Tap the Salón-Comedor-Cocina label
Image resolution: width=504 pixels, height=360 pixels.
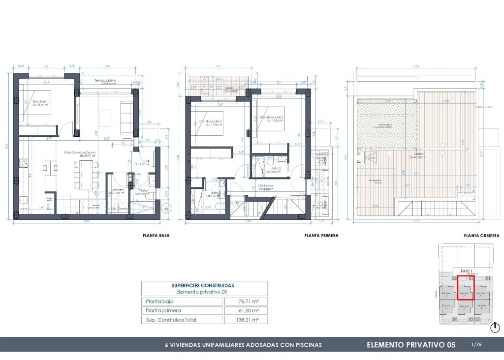click(80, 153)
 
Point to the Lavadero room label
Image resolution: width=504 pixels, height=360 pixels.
click(117, 189)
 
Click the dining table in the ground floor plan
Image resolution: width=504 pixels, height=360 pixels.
click(82, 174)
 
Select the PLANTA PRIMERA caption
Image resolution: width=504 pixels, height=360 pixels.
click(321, 236)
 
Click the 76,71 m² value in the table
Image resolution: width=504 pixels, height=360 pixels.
click(245, 301)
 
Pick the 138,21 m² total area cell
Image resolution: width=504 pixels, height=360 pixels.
click(245, 320)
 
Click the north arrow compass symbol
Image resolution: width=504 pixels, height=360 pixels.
click(496, 327)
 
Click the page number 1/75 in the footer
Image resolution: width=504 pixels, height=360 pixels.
click(476, 345)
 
